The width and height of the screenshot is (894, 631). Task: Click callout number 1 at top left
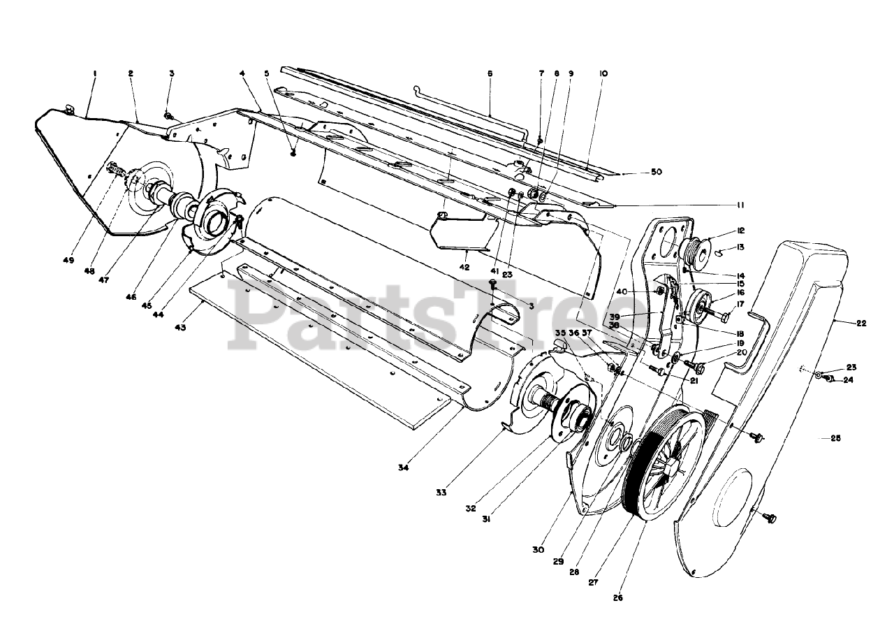[94, 73]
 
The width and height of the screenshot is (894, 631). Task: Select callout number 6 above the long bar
[490, 73]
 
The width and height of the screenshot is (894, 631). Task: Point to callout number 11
[740, 205]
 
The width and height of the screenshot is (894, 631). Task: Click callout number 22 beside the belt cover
[861, 323]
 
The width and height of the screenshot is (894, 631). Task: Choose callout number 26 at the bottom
[617, 597]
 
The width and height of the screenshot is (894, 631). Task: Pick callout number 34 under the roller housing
[403, 467]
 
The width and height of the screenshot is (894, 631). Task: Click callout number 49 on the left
[68, 260]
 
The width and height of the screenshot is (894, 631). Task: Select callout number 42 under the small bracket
[464, 267]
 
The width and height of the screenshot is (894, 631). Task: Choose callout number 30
[537, 550]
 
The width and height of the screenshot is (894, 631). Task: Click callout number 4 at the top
[242, 73]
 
